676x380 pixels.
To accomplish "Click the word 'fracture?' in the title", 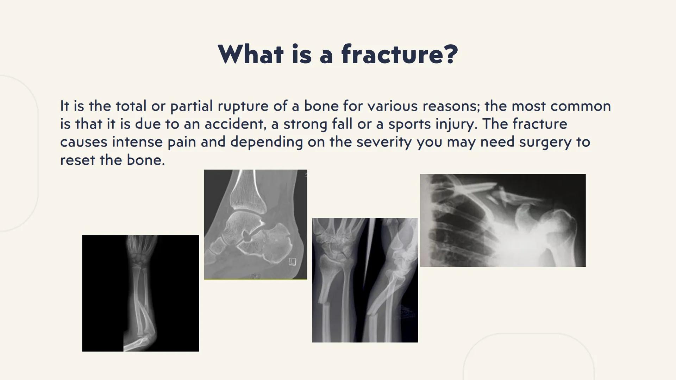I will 400,55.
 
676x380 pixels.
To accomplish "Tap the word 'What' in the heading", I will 250,55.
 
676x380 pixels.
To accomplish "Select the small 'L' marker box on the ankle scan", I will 292,261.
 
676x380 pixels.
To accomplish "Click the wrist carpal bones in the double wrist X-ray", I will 334,243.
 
